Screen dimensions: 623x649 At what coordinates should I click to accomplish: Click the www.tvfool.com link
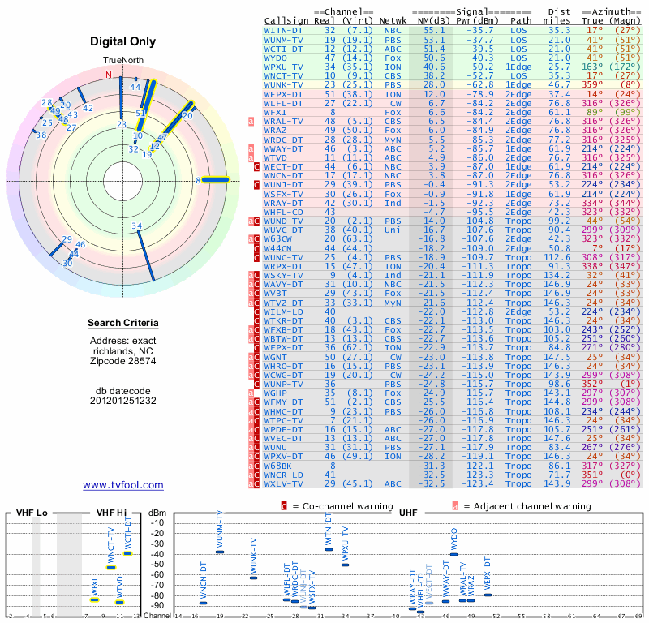(x=123, y=485)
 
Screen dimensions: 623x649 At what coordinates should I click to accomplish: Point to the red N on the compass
(x=109, y=75)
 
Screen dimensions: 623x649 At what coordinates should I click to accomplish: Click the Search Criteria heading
(x=122, y=324)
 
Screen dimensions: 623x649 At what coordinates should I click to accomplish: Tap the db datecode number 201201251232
(x=122, y=400)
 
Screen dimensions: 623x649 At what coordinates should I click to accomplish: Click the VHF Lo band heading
(x=30, y=513)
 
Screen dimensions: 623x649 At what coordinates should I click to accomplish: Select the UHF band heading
(x=408, y=513)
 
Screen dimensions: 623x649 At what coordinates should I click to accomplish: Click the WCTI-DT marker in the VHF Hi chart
(x=127, y=553)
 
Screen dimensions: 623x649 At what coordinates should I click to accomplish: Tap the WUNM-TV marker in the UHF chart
(x=219, y=552)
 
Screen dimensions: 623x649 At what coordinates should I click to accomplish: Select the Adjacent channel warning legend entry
(x=521, y=505)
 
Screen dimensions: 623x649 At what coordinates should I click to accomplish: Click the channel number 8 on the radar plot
(x=198, y=180)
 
